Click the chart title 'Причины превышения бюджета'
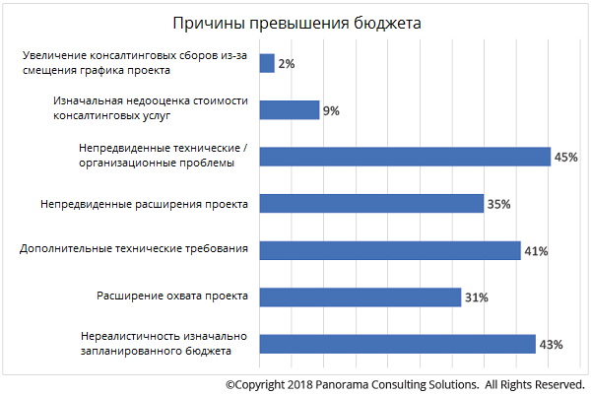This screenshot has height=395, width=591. click(x=295, y=25)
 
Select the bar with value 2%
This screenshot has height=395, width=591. click(x=266, y=63)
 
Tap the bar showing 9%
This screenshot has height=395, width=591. click(x=290, y=110)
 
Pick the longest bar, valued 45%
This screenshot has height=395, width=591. click(x=404, y=157)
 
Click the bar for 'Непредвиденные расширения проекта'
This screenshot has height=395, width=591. click(x=371, y=204)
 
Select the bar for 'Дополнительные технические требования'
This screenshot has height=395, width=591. click(x=389, y=250)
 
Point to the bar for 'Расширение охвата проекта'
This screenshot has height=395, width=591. click(x=360, y=296)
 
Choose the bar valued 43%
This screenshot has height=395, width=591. click(x=397, y=344)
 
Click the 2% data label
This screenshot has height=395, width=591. click(x=286, y=64)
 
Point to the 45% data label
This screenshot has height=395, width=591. click(x=565, y=158)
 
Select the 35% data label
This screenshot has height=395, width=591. click(x=499, y=205)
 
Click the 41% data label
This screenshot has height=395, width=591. click(x=536, y=251)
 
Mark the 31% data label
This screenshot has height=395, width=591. click(x=476, y=297)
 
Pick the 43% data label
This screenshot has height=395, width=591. click(x=551, y=345)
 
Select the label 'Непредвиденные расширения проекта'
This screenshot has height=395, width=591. click(x=144, y=204)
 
